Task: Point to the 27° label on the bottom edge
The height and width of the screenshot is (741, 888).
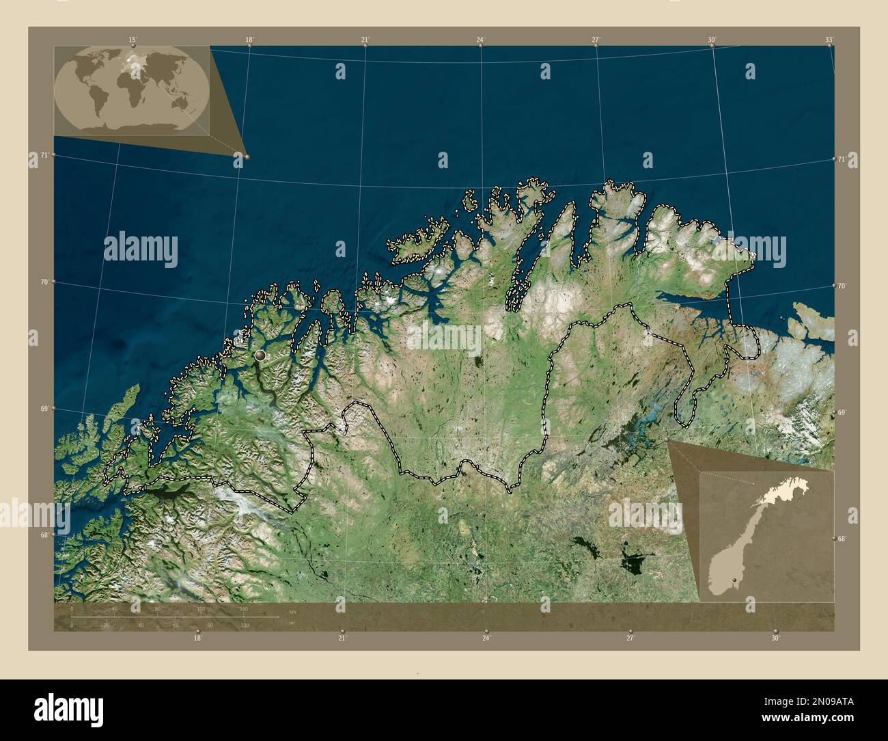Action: coord(630,638)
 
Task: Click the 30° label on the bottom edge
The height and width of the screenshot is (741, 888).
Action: coord(775,638)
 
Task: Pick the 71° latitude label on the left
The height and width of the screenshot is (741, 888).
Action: coord(44,155)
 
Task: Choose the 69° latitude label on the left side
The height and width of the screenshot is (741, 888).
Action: coord(44,409)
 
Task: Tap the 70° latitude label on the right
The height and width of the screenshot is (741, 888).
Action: coord(842,286)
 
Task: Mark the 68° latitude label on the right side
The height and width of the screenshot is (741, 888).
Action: coord(842,539)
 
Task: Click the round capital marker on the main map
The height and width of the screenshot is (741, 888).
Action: coord(260,355)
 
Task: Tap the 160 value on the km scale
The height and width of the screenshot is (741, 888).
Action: coord(243,608)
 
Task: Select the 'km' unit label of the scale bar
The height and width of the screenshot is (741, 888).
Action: coord(292,611)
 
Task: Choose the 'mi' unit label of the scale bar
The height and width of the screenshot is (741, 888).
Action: coord(292,623)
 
